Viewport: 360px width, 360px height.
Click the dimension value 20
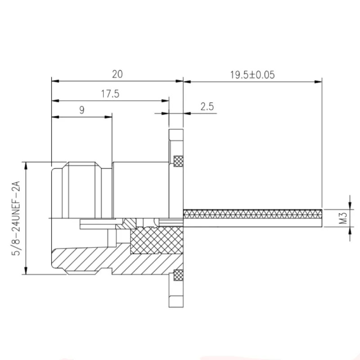click(117, 74)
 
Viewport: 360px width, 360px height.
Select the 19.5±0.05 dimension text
click(252, 75)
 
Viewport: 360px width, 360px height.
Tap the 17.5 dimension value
click(110, 94)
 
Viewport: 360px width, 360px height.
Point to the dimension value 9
click(82, 110)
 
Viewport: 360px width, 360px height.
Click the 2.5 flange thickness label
click(207, 107)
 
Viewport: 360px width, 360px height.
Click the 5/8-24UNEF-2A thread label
click(16, 218)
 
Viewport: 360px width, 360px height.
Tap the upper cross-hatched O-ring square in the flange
click(178, 161)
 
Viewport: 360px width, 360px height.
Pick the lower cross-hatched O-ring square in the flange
click(178, 275)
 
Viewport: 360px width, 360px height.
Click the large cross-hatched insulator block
click(157, 240)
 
